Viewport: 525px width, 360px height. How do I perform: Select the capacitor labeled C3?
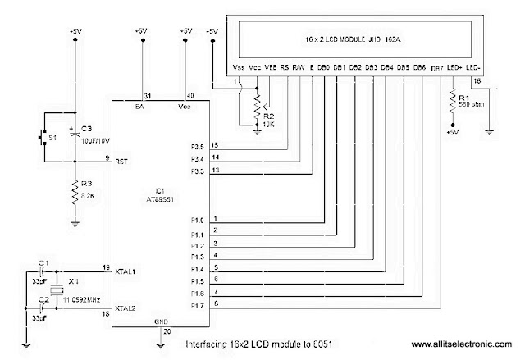[x=75, y=130]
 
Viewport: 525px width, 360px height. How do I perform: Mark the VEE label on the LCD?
[x=268, y=67]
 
